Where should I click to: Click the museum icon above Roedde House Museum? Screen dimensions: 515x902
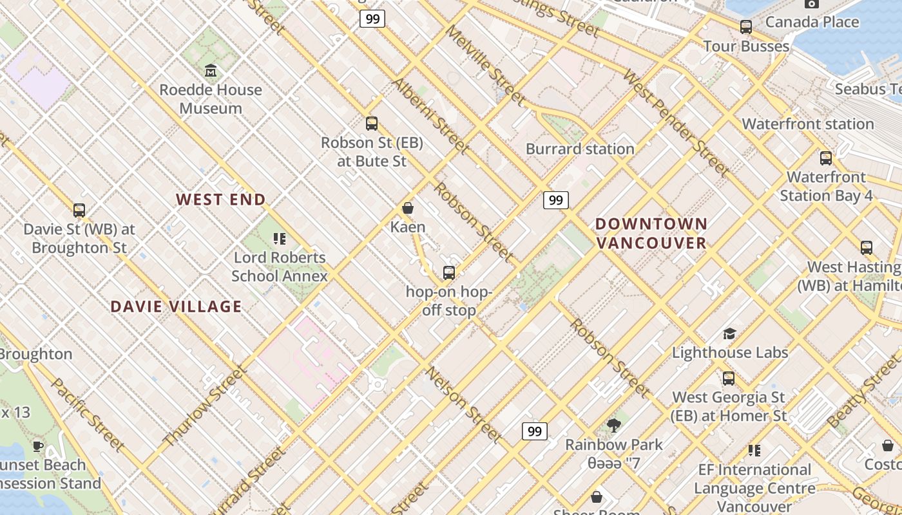(210, 70)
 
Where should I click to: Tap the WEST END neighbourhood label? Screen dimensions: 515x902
(221, 200)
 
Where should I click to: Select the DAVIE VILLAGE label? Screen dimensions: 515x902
(176, 306)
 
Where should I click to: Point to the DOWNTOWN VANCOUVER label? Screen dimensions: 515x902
(651, 233)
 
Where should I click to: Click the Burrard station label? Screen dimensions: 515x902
(580, 149)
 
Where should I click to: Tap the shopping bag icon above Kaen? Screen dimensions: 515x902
(407, 208)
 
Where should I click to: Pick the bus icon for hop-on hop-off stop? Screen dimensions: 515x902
(449, 273)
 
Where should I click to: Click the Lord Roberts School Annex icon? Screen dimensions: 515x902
(279, 239)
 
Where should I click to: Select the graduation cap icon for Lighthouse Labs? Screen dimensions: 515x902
(729, 333)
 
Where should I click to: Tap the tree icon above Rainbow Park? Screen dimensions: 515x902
(613, 425)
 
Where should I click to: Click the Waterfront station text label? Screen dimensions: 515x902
(807, 124)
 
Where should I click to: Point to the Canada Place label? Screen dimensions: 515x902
(812, 22)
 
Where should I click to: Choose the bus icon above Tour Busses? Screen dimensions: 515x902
(746, 27)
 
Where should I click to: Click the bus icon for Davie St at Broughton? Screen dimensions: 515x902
(79, 210)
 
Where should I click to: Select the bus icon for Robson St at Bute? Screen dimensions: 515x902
(371, 124)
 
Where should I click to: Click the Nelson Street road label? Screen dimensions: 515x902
(464, 404)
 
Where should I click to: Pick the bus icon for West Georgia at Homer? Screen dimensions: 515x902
(729, 379)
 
